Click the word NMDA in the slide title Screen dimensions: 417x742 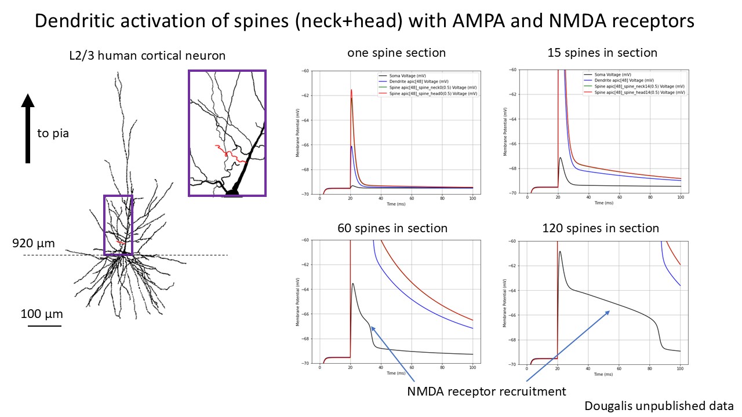pos(581,21)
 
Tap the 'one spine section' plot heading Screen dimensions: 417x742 pos(397,53)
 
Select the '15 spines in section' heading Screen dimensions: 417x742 pos(602,53)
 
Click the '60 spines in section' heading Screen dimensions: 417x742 pos(392,228)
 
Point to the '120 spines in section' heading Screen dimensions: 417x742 pos(601,228)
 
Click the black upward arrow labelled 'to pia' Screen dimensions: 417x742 pos(27,127)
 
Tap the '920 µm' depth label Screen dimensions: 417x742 pos(34,243)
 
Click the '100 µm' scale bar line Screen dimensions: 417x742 pos(45,326)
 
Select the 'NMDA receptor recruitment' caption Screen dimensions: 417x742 pos(486,392)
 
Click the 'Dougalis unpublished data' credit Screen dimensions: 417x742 pos(659,406)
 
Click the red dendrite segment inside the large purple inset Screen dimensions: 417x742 pos(229,154)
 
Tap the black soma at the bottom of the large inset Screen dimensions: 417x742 pos(233,191)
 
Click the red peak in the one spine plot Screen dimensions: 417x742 pos(351,90)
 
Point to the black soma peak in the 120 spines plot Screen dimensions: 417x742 pos(560,252)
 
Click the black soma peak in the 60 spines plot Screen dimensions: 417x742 pos(353,284)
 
